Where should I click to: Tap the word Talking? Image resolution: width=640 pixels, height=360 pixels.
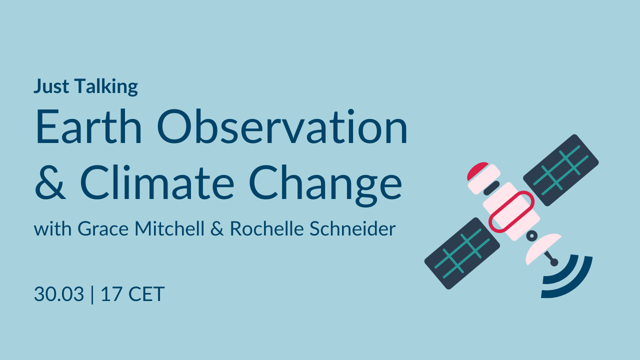click(106, 87)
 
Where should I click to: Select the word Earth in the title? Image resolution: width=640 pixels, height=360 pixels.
click(88, 126)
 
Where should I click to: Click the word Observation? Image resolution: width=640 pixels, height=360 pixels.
click(282, 126)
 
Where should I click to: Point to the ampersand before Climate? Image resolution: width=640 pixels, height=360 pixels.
click(50, 182)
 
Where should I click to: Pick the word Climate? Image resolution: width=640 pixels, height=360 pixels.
click(157, 181)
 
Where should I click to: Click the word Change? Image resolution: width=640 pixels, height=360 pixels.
click(325, 185)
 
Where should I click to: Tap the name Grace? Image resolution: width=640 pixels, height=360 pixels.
click(103, 229)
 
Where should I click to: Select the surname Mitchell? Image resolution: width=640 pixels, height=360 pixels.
click(169, 228)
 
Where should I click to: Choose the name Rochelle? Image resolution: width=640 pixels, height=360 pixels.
click(267, 228)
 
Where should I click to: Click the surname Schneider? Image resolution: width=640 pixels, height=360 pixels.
click(352, 228)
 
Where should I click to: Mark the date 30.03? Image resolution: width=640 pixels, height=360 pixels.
click(59, 294)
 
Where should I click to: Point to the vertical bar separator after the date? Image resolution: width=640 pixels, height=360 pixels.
click(92, 294)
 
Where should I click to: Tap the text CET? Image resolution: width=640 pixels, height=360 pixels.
click(146, 294)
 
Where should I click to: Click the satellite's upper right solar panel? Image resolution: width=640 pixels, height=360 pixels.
click(561, 170)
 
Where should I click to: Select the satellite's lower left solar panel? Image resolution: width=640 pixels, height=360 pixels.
click(462, 253)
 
